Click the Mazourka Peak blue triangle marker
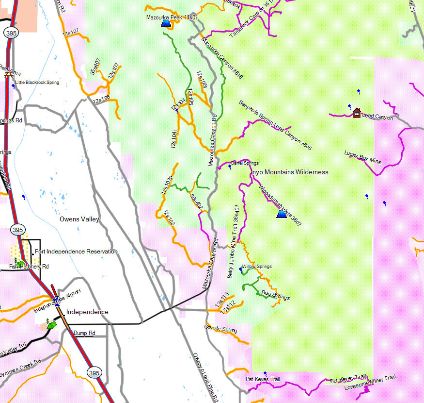point(166,23)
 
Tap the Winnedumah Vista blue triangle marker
point(282,213)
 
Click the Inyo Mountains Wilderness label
point(289,172)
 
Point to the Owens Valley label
point(79,219)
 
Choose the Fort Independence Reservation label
point(76,252)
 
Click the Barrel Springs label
point(245,163)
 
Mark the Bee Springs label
point(275,296)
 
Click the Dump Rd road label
point(84,333)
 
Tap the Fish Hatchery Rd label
point(29,267)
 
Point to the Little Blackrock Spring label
point(37,83)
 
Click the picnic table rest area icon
point(7,74)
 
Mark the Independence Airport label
point(57,302)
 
